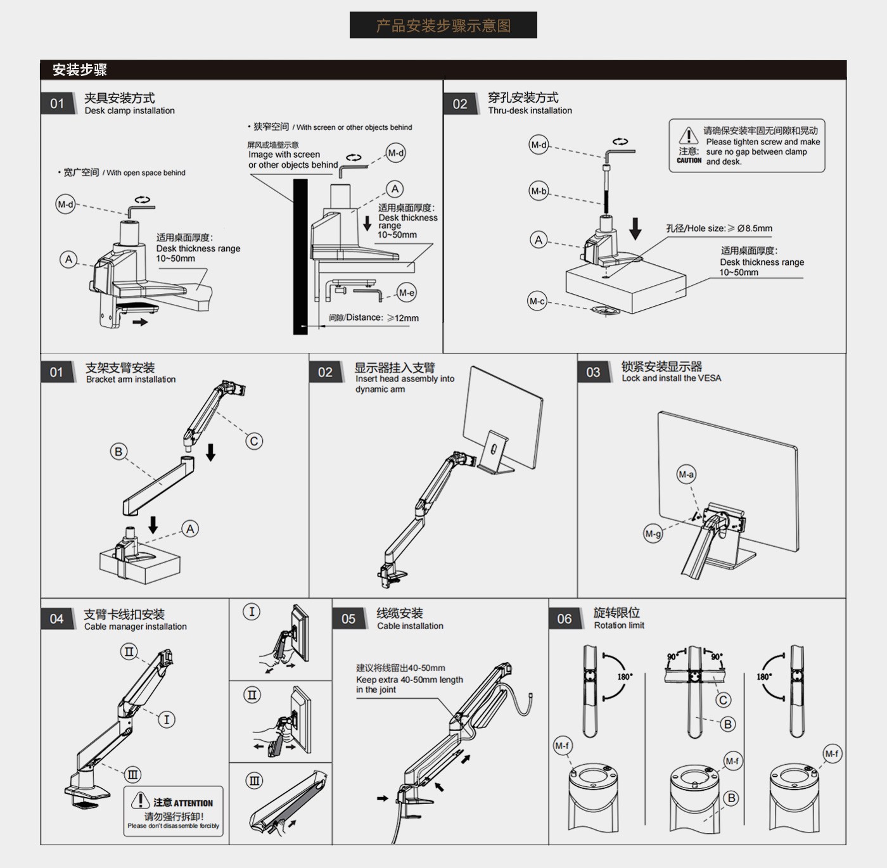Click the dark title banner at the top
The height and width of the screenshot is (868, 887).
[443, 25]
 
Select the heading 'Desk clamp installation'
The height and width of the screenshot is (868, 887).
[130, 111]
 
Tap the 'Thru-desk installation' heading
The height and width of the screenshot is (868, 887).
[530, 111]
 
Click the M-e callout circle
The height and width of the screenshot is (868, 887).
[406, 293]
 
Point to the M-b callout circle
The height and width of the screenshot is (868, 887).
[539, 191]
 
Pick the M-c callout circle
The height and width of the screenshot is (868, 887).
[537, 302]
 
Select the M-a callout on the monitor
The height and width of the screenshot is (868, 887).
[686, 474]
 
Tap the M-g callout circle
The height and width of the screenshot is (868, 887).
[653, 533]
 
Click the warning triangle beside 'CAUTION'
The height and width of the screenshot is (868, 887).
[689, 136]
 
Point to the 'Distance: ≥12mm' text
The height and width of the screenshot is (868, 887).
[374, 318]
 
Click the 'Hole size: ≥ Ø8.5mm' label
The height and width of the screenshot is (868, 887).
[719, 229]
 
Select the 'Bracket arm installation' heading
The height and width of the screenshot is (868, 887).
[131, 380]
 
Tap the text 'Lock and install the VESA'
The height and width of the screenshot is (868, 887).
[671, 378]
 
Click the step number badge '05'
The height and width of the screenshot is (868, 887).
[348, 619]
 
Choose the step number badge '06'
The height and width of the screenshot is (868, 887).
[565, 619]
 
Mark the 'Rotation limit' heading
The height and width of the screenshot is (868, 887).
[619, 625]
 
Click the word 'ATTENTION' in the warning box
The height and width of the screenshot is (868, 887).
[193, 803]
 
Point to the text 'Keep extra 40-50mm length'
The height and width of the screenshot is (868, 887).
[409, 680]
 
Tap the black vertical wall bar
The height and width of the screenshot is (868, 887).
[300, 257]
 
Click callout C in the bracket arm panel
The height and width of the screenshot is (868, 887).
[254, 441]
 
